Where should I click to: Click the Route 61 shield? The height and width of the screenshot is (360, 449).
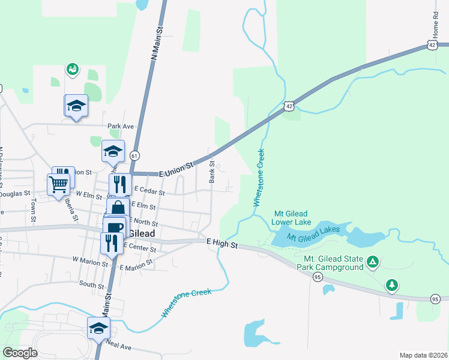pos(135,155)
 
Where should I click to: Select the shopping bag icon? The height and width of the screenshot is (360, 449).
pos(118,209)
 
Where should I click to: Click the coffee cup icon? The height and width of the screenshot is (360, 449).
pos(113,227)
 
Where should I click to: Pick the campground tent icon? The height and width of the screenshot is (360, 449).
pos(373,262)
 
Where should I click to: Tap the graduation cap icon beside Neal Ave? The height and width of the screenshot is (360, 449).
pos(98,328)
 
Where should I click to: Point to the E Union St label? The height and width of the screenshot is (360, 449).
pos(177,169)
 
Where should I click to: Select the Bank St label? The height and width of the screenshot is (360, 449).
pos(212,172)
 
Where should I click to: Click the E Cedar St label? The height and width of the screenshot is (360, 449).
pos(149,190)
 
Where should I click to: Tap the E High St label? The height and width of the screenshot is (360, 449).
pos(222,244)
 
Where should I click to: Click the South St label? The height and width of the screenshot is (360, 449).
pos(91,284)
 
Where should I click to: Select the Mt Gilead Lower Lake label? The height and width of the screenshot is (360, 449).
pos(291,217)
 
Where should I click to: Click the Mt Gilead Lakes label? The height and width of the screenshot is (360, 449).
pos(313,233)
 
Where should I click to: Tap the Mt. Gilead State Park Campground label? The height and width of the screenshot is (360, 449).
pos(329,262)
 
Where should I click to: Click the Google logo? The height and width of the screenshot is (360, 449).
pos(20,353)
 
